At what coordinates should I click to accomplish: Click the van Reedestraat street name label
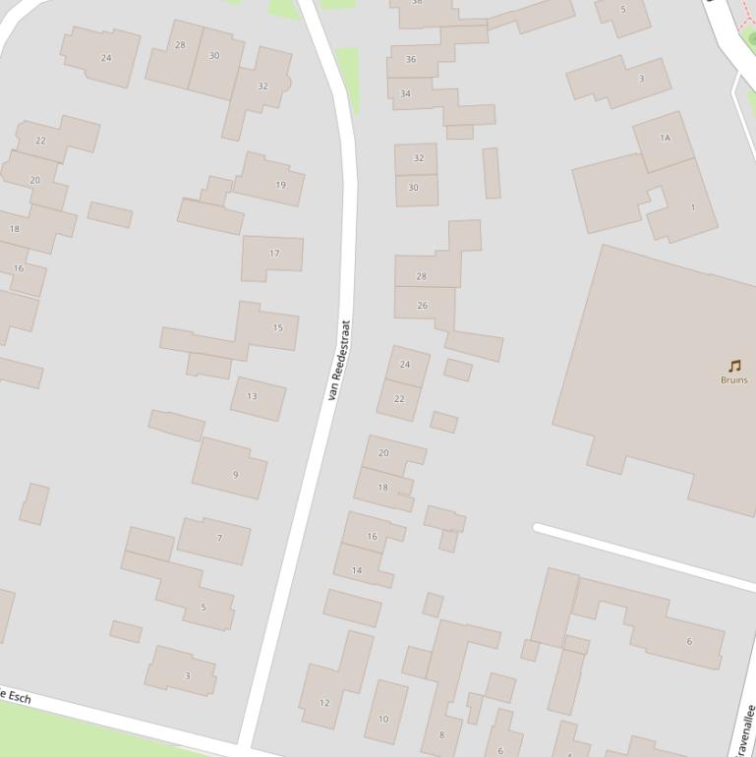tap(340, 360)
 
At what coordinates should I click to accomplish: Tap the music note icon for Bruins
tap(734, 367)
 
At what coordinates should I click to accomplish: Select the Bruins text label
tap(734, 380)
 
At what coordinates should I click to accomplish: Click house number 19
tap(281, 185)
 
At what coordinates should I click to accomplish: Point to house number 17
tap(274, 254)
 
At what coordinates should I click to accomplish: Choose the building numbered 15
tap(278, 328)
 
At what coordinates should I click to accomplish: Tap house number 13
tap(252, 397)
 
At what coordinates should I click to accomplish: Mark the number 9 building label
tap(235, 475)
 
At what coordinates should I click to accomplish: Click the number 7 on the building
tap(219, 539)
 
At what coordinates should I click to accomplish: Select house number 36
tap(411, 60)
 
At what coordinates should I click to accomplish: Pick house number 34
tap(405, 94)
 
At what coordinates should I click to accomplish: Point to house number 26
tap(423, 306)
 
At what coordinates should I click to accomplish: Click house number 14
tap(357, 570)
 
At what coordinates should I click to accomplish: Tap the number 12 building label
tap(324, 703)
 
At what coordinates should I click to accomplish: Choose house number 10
tap(383, 719)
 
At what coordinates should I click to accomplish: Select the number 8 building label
tap(441, 734)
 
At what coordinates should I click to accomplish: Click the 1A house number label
tap(665, 139)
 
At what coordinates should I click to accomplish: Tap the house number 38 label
tap(416, 3)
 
